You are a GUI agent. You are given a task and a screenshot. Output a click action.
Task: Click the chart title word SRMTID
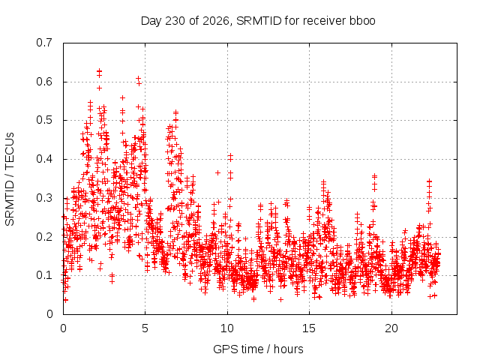coord(259,21)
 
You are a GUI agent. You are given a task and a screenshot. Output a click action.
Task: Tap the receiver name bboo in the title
coord(362,21)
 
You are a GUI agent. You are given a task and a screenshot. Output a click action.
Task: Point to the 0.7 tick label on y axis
coord(44,43)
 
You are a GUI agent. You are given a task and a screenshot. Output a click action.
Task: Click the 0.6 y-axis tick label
coord(44,82)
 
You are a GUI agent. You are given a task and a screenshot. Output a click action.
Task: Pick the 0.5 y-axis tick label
coord(44,120)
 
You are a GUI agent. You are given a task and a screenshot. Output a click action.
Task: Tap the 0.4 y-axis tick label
coord(44,159)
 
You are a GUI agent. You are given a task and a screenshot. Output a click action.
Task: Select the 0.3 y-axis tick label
coord(44,198)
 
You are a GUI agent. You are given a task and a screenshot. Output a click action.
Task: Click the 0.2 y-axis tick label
coord(44,237)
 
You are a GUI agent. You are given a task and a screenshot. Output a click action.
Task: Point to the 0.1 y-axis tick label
coord(44,275)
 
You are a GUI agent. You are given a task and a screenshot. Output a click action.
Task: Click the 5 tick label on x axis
coord(145,328)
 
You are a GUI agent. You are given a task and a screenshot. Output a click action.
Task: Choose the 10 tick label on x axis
coord(227,328)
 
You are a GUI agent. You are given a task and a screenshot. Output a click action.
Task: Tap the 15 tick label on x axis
coord(309,328)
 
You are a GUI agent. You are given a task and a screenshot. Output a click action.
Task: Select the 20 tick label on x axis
coord(391,328)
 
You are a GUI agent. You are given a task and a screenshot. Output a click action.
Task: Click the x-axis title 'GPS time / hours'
coord(258,349)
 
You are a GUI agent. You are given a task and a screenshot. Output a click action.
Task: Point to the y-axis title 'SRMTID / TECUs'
coord(10,179)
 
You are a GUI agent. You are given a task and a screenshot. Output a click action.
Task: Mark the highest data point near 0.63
coord(99,70)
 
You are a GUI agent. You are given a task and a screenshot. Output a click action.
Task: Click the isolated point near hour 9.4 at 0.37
coord(217,173)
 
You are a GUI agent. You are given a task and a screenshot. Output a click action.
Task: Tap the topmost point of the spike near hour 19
coord(374,176)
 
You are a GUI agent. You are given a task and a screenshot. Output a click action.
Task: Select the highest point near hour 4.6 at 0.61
coord(138,78)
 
